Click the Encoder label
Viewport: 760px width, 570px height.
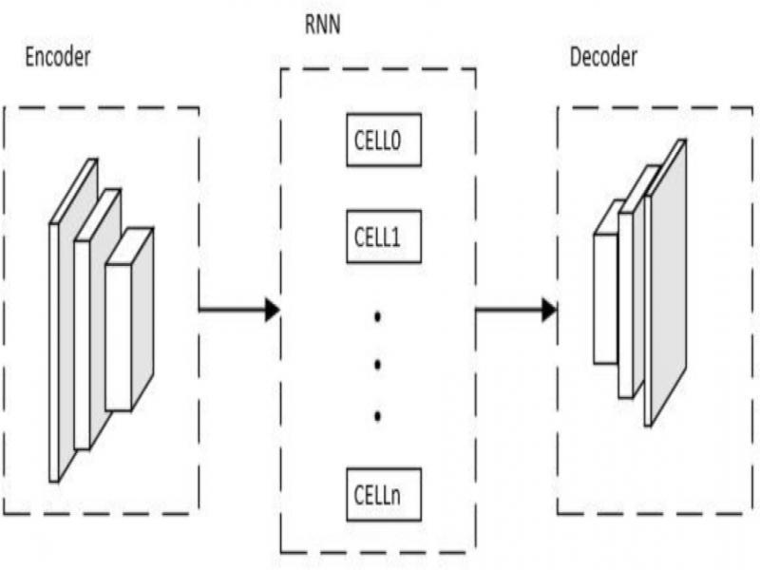[x=57, y=57]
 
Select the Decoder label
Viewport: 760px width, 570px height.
[x=603, y=57]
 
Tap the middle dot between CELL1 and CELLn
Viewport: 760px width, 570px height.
[x=377, y=364]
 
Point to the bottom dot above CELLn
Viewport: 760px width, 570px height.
[x=377, y=415]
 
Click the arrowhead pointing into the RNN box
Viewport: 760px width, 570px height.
[x=272, y=310]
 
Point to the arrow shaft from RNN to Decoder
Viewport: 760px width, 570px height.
[x=508, y=310]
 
